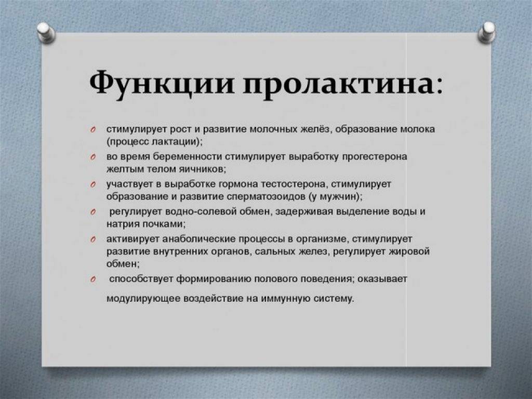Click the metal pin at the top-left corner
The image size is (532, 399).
[46, 33]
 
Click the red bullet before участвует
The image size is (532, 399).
[92, 184]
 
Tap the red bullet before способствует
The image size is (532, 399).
[92, 280]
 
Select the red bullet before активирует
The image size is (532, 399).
[92, 240]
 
